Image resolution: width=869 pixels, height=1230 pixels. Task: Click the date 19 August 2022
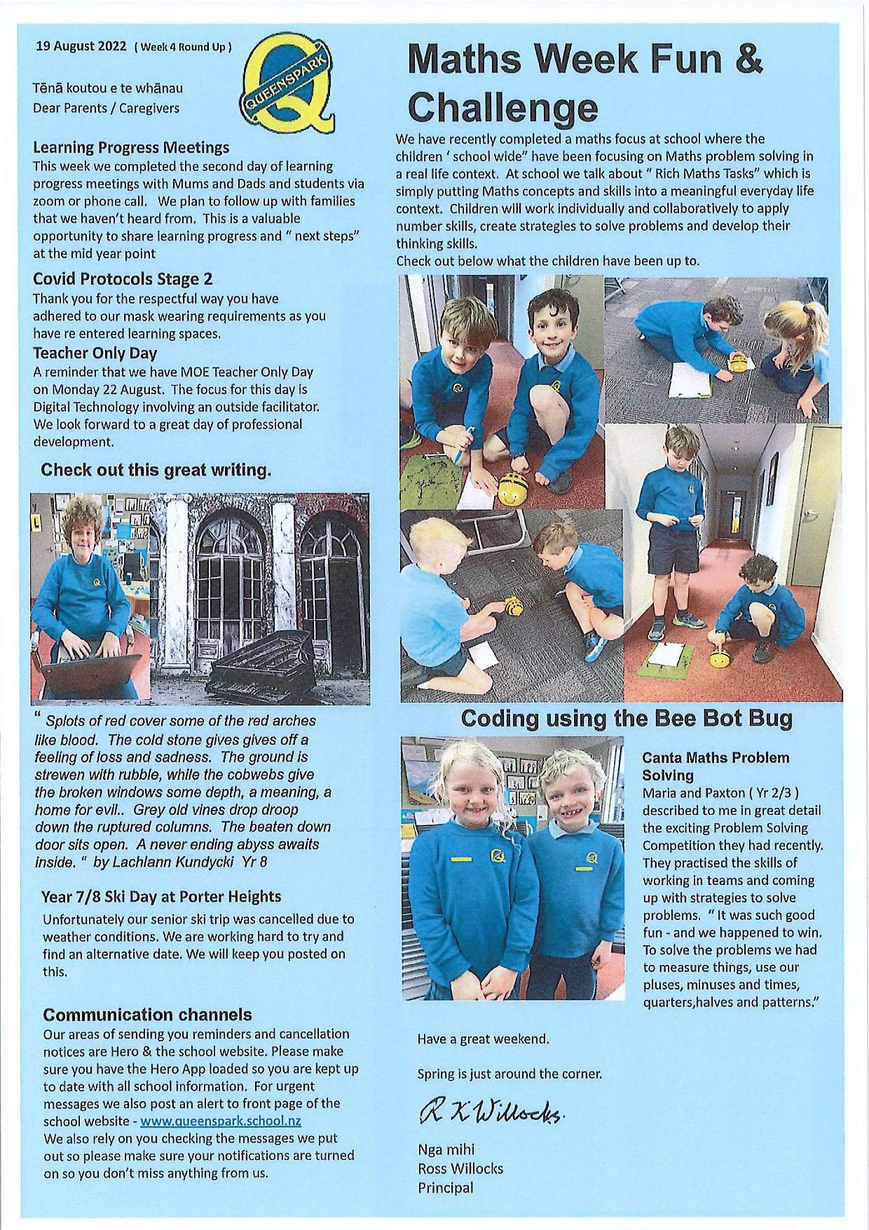[81, 46]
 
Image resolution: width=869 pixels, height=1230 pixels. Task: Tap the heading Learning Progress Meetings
[131, 148]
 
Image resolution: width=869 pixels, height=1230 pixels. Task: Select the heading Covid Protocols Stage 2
[123, 279]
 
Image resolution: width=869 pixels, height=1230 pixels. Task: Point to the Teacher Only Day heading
[95, 354]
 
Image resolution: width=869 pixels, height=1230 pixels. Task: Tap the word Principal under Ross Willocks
[446, 1188]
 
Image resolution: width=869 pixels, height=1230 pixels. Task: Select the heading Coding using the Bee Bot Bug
[627, 718]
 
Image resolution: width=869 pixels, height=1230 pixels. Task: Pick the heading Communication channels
[147, 1014]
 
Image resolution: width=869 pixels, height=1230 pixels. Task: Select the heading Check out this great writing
[155, 470]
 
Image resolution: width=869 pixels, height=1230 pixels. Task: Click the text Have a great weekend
[483, 1039]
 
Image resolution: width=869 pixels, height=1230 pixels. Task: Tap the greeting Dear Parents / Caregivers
[106, 108]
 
